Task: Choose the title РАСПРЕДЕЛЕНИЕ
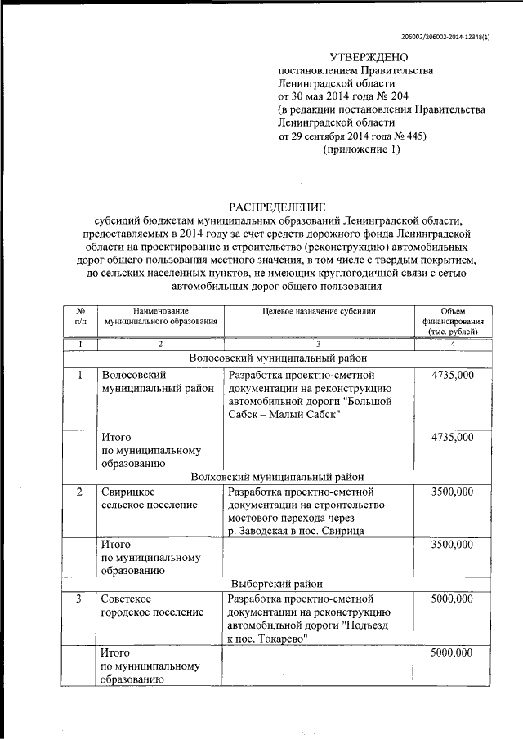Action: [276, 207]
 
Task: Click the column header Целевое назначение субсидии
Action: [319, 312]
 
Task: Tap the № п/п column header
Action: [81, 317]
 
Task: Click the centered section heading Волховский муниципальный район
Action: [277, 476]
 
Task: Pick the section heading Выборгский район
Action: [277, 583]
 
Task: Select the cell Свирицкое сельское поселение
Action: [149, 499]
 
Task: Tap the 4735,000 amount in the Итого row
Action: [452, 438]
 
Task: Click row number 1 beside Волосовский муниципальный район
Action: [80, 375]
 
